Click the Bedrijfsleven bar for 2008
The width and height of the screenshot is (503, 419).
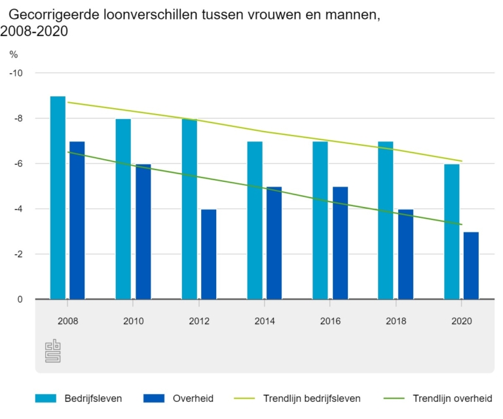coord(58,198)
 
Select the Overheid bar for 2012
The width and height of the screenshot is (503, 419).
coord(208,254)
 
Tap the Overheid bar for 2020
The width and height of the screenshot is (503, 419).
coord(471,265)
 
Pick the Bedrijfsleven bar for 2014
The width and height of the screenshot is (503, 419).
coord(255,220)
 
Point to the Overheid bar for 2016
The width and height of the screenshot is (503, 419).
coord(340,243)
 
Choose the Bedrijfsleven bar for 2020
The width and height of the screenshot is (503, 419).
coord(451,231)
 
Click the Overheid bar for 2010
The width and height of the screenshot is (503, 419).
coord(143,231)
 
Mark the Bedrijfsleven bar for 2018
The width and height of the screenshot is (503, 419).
coord(386,220)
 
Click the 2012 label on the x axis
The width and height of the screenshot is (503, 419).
coord(199,321)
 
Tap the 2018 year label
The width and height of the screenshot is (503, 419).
coord(396,321)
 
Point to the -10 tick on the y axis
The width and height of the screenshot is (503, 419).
coord(16,73)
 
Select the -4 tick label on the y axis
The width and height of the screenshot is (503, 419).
coord(17,209)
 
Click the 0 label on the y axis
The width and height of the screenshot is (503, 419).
coord(20,299)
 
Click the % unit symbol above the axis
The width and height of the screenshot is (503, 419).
coord(13,54)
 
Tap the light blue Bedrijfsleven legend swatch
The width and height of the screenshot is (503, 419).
coord(47,398)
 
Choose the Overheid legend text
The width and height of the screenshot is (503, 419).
coord(193,398)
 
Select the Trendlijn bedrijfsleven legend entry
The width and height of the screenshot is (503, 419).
coord(311,398)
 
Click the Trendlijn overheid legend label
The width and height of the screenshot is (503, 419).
coord(453,398)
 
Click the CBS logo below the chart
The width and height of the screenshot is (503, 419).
coord(52,351)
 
